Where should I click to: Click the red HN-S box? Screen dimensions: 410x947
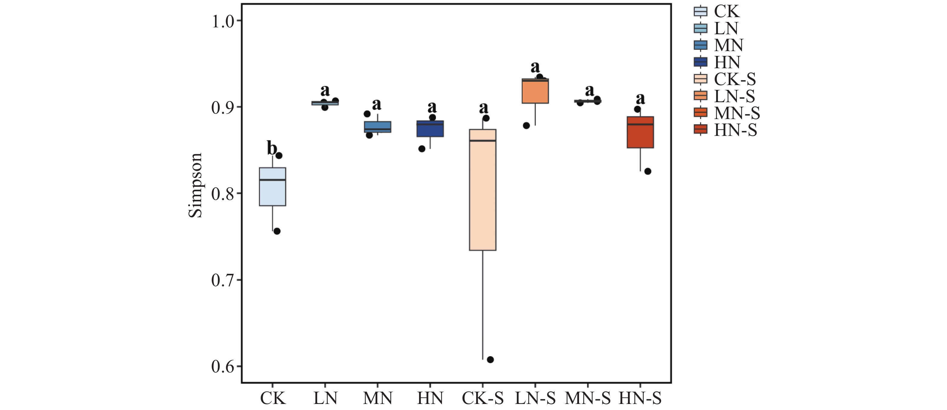[640, 136]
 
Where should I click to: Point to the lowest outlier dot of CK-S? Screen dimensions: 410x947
[490, 360]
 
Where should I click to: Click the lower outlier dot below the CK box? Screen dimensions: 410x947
[277, 231]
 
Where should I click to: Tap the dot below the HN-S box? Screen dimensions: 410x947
[648, 171]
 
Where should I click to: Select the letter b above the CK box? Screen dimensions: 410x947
[272, 148]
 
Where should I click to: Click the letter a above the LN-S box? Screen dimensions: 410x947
[535, 67]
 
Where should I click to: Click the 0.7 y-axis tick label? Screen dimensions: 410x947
[223, 280]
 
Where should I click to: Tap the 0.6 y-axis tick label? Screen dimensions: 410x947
[223, 367]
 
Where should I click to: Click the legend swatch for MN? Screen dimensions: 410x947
[700, 45]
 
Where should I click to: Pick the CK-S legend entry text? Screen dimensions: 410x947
[734, 79]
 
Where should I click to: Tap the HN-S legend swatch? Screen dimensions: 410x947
[700, 130]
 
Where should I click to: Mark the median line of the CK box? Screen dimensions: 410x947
[272, 180]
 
